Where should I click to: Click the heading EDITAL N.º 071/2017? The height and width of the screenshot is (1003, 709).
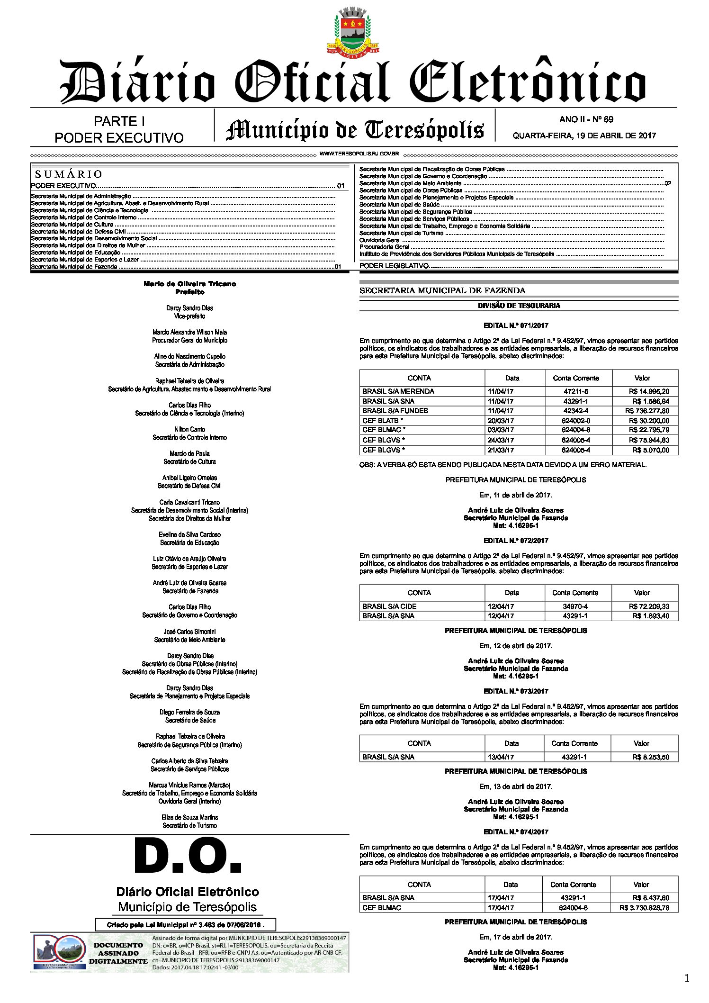click(x=516, y=325)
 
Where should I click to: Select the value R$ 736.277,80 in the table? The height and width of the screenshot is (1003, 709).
click(x=647, y=411)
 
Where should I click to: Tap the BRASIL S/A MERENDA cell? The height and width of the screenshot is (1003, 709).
click(x=398, y=391)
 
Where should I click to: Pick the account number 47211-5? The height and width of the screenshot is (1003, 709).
click(x=576, y=391)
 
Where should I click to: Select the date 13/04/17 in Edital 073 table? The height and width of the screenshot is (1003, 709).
click(x=501, y=757)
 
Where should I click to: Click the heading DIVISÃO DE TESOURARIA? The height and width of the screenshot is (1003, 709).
click(x=519, y=306)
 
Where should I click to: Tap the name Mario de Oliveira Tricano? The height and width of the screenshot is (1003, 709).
click(x=189, y=284)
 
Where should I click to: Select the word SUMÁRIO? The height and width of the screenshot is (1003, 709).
click(x=69, y=174)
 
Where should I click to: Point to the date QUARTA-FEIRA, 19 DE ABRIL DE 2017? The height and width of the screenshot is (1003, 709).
click(x=584, y=136)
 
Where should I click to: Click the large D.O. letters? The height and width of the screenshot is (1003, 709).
click(x=188, y=858)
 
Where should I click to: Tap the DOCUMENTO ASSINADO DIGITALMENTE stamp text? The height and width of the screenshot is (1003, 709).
click(x=118, y=953)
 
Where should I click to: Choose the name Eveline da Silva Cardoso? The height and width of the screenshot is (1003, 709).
click(x=189, y=534)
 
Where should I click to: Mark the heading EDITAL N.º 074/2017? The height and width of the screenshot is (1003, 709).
click(x=516, y=832)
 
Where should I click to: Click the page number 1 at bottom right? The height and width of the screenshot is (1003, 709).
click(x=687, y=978)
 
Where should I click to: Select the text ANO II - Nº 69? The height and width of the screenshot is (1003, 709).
click(x=586, y=119)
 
